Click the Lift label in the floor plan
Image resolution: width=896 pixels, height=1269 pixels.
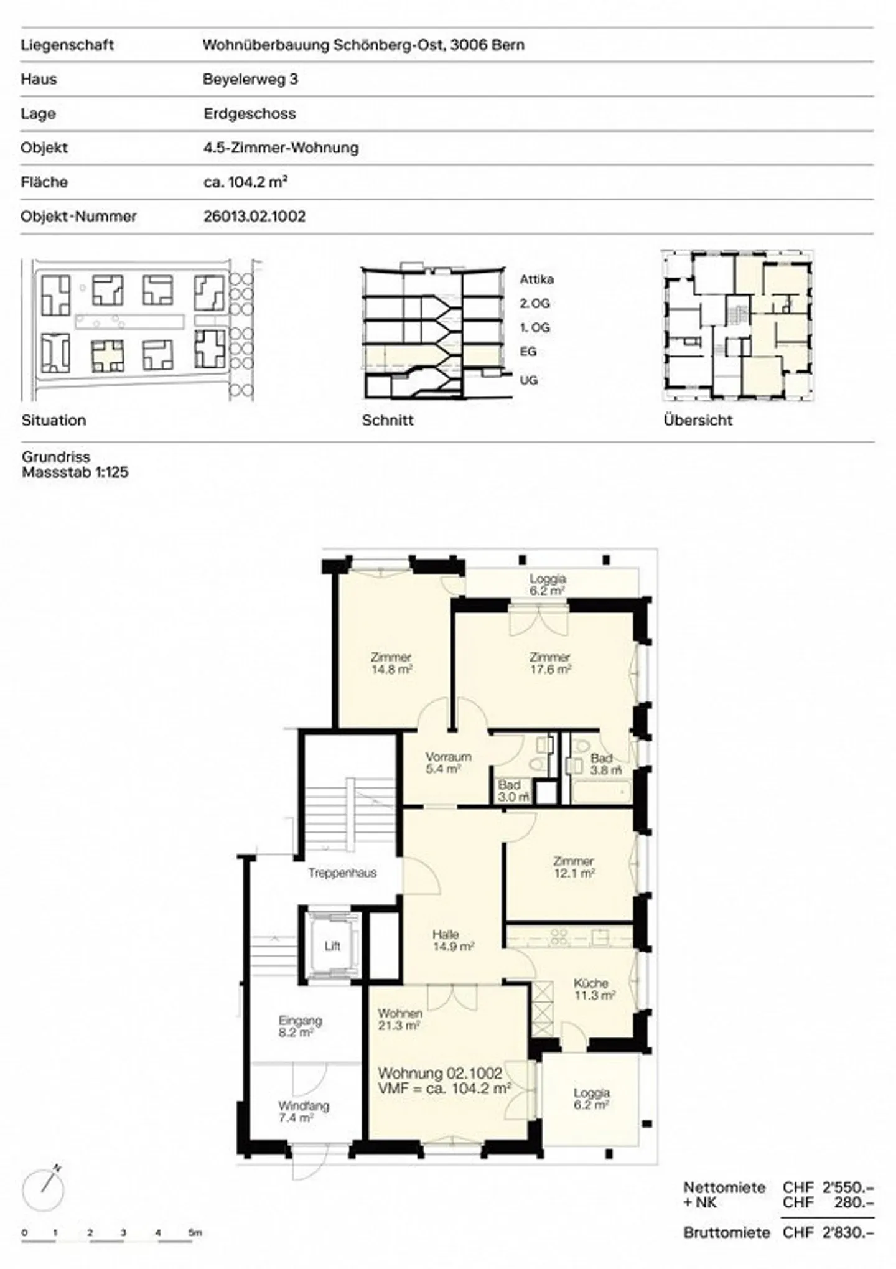point(332,947)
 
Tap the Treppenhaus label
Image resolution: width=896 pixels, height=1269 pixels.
point(342,873)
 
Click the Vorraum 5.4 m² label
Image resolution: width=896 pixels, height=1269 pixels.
point(448,762)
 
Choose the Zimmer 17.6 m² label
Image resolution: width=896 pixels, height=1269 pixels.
point(550,663)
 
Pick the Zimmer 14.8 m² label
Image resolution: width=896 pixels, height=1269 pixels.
point(391,663)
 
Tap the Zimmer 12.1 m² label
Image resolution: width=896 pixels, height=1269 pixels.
point(574,867)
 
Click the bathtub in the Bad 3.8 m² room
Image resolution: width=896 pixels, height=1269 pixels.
point(600,792)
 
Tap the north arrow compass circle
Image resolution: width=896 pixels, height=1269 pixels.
point(43,1190)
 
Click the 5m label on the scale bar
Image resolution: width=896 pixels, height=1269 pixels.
point(195,1232)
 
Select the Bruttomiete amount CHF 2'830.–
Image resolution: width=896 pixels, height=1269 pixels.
point(829,1232)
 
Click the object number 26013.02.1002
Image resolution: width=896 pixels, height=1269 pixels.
point(254,217)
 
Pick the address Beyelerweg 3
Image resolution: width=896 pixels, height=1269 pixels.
point(250,79)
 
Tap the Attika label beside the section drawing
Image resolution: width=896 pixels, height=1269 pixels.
point(536,279)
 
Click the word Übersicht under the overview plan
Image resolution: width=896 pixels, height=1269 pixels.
point(698,420)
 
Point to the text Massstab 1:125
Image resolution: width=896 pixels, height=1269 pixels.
point(75,472)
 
